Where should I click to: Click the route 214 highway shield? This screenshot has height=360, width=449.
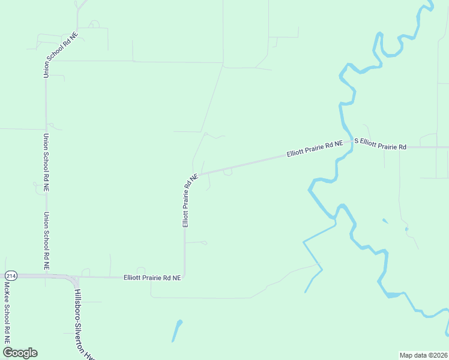pyautogui.click(x=10, y=275)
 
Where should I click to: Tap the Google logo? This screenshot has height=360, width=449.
pyautogui.click(x=20, y=353)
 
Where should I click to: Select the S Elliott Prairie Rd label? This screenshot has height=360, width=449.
pyautogui.click(x=380, y=144)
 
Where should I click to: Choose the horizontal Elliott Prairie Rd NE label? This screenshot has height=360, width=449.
pyautogui.click(x=152, y=278)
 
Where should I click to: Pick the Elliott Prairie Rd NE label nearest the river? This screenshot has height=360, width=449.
pyautogui.click(x=315, y=149)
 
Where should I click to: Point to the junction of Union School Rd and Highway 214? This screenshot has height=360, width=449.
pyautogui.click(x=46, y=275)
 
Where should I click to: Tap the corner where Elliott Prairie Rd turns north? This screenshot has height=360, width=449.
pyautogui.click(x=184, y=277)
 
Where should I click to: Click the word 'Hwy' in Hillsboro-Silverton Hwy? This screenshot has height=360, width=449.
pyautogui.click(x=91, y=353)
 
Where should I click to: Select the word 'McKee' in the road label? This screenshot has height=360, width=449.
pyautogui.click(x=7, y=292)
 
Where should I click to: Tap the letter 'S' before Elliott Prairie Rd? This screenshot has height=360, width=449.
pyautogui.click(x=356, y=141)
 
